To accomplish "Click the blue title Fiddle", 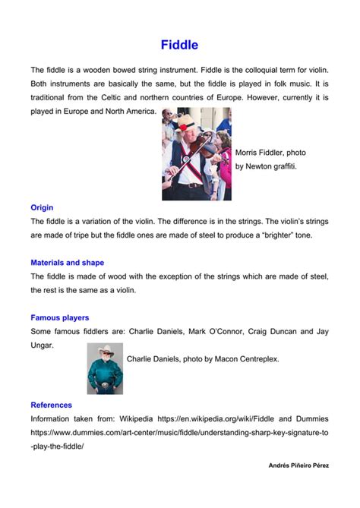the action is pos(179,46).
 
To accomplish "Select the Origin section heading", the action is pos(42,207).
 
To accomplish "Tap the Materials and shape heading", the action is pos(68,263).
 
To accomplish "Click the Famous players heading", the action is pos(60,317).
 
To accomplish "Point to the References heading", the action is pos(52,405).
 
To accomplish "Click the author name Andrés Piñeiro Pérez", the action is pos(299,465).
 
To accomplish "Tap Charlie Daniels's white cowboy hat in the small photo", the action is pos(105,350).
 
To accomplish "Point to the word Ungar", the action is pos(43,345).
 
